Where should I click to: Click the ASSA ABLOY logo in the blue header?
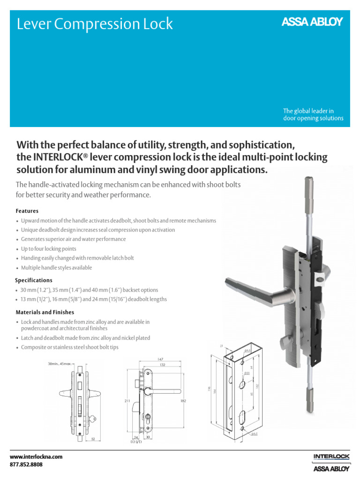pyautogui.click(x=312, y=22)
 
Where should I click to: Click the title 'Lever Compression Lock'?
pyautogui.click(x=95, y=24)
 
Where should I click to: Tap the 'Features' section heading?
pyautogui.click(x=27, y=211)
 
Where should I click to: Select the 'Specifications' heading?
pyautogui.click(x=34, y=280)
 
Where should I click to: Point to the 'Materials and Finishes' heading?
pyautogui.click(x=45, y=312)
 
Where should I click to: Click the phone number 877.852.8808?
pyautogui.click(x=26, y=465)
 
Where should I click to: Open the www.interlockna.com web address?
pyautogui.click(x=36, y=457)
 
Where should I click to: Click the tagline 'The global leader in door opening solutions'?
pyautogui.click(x=313, y=115)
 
